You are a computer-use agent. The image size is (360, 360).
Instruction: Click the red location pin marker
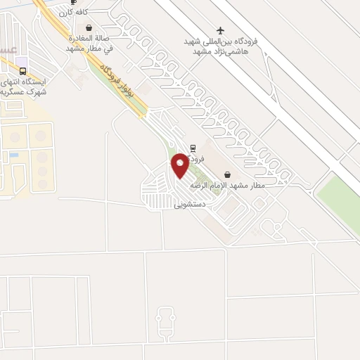click(180, 165)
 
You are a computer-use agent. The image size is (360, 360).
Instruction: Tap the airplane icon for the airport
click(221, 30)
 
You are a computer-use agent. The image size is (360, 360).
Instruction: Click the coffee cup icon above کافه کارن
click(74, 2)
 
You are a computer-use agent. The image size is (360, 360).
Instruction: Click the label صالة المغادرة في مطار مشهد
click(89, 44)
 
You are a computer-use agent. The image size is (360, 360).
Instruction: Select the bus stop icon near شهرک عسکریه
click(23, 71)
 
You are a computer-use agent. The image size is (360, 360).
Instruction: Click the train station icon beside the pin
click(193, 148)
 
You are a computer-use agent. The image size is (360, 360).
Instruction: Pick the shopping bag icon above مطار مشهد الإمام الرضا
click(227, 174)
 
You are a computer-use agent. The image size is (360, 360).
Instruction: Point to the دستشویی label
click(189, 205)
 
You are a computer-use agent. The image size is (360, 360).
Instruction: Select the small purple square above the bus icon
click(23, 61)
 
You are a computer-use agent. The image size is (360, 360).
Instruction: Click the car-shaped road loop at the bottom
click(165, 323)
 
